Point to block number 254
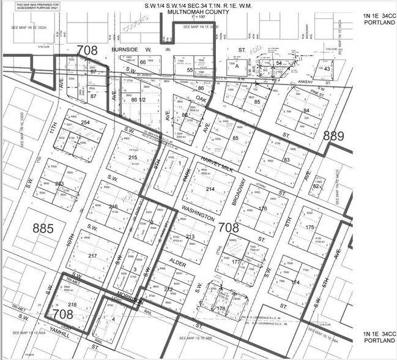pos(84,123)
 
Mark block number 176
pos(264,209)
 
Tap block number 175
pos(308,227)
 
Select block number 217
pos(93,255)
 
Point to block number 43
pos(328,69)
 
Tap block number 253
pos(59,184)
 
